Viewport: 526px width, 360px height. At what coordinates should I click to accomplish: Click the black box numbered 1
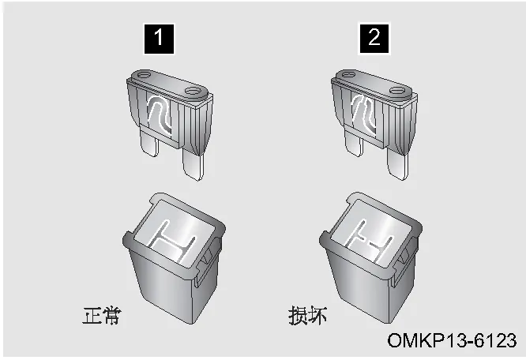coord(159,39)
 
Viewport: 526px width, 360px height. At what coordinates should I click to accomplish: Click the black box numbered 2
coord(374,38)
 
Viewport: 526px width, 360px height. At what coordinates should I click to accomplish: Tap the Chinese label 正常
coord(101,316)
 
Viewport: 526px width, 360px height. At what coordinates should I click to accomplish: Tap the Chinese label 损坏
coord(307,315)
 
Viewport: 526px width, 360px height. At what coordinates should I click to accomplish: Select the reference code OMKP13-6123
coord(452,340)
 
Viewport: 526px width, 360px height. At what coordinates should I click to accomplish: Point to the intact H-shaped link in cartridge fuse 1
coord(171,240)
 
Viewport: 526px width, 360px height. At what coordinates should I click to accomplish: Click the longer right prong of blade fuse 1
coord(193,164)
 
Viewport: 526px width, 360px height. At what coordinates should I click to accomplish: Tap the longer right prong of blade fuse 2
coord(398,163)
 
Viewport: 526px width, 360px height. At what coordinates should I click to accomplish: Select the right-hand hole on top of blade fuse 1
coord(193,91)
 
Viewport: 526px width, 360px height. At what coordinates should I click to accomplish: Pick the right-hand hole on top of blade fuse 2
coord(397,91)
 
